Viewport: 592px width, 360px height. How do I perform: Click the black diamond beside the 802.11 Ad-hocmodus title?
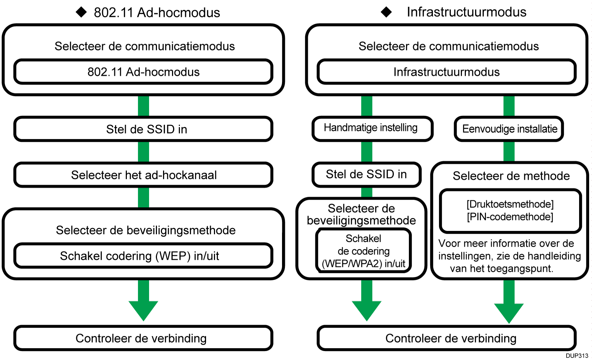pyautogui.click(x=81, y=12)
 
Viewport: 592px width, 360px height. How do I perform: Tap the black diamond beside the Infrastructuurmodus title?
pyautogui.click(x=386, y=12)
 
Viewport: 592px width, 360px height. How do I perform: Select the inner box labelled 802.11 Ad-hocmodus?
pyautogui.click(x=143, y=72)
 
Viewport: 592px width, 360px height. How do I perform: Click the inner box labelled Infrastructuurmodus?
pyautogui.click(x=447, y=72)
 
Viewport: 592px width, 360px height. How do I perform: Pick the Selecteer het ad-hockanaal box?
pyautogui.click(x=143, y=175)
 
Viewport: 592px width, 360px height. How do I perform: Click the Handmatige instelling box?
pyautogui.click(x=371, y=128)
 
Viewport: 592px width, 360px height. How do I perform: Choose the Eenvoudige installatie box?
pyautogui.click(x=509, y=129)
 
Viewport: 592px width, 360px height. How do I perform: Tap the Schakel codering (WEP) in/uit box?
pyautogui.click(x=143, y=256)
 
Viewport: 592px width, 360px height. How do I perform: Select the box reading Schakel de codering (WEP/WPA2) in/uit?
pyautogui.click(x=363, y=251)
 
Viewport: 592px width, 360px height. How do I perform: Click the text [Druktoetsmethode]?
pyautogui.click(x=510, y=204)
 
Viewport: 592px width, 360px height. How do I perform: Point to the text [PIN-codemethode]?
pyautogui.click(x=510, y=217)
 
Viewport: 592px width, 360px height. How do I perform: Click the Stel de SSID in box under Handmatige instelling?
pyautogui.click(x=366, y=174)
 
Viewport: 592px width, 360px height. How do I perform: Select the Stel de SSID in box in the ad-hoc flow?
pyautogui.click(x=143, y=129)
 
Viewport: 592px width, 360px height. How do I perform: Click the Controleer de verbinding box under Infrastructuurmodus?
pyautogui.click(x=447, y=338)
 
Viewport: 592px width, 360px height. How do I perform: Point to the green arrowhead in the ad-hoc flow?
pyautogui.click(x=143, y=310)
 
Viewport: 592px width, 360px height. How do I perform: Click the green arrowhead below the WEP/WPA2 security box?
pyautogui.click(x=367, y=310)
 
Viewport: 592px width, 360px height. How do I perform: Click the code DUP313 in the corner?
pyautogui.click(x=577, y=356)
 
